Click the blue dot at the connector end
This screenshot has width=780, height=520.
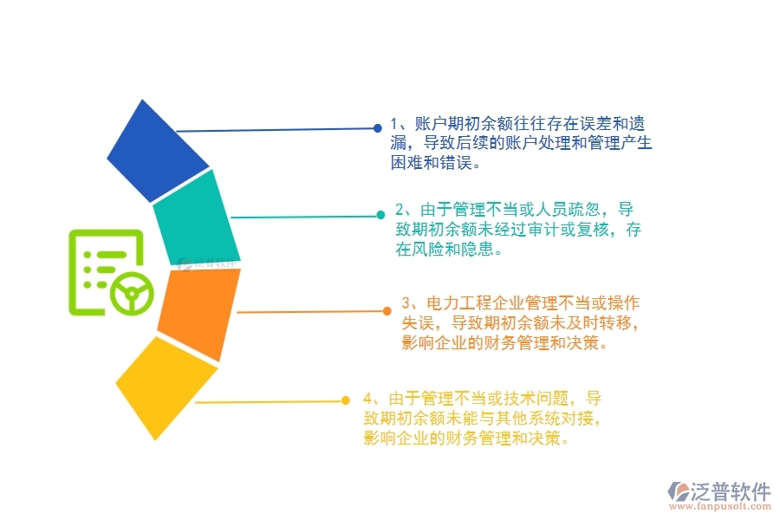click(x=378, y=128)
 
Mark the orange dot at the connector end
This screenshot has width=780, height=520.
click(x=387, y=310)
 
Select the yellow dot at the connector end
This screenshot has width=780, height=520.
click(x=345, y=400)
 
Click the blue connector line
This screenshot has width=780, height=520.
click(x=277, y=130)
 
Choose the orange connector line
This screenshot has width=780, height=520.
click(x=312, y=311)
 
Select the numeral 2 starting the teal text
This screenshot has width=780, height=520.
click(x=400, y=210)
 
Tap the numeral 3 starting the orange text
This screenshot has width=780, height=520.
click(x=406, y=304)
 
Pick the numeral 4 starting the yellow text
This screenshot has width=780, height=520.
click(x=368, y=399)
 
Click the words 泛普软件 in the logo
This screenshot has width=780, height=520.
click(x=730, y=491)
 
